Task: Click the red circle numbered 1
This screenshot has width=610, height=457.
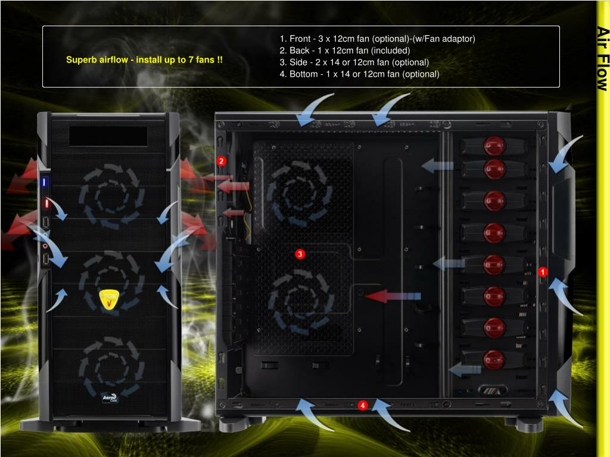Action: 543,272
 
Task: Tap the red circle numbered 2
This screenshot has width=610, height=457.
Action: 222,161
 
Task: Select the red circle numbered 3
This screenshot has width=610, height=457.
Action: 300,254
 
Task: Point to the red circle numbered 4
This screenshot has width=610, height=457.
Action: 363,405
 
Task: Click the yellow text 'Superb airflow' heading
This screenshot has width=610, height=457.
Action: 145,60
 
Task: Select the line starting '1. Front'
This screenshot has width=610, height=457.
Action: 377,39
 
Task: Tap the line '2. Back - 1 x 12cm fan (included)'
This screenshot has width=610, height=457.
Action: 345,51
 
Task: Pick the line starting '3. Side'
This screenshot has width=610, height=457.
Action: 354,62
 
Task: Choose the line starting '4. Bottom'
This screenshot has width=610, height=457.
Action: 359,74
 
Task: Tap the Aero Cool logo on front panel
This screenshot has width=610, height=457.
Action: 110,397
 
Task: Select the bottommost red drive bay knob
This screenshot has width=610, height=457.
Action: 494,359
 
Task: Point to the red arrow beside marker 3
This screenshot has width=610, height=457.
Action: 393,296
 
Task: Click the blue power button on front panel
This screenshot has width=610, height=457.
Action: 44,181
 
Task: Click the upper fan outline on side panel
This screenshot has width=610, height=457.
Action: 296,188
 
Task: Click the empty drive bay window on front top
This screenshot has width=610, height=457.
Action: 108,136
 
